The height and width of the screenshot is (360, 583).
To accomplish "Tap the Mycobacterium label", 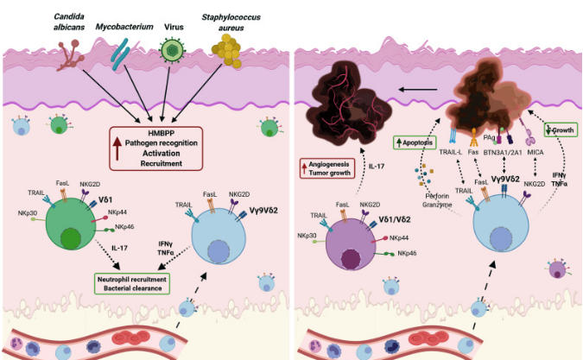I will pos(130,28).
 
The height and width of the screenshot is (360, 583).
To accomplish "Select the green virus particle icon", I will pos(174,52).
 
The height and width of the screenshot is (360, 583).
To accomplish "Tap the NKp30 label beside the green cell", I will pos(27,212).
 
